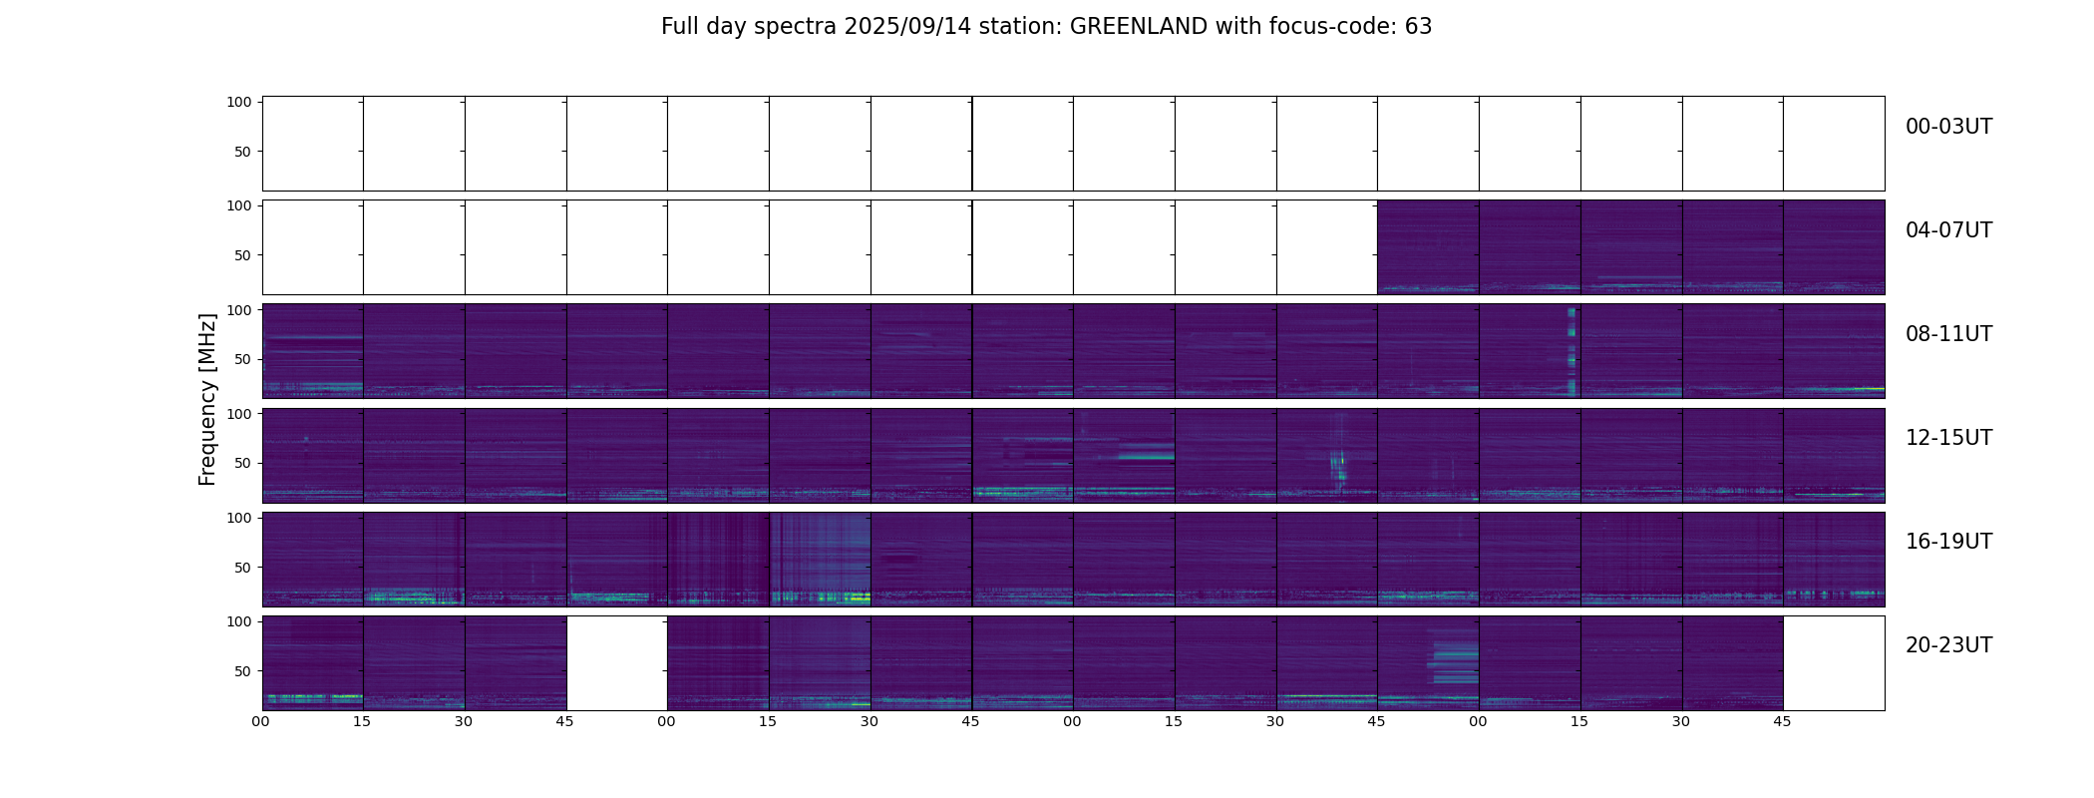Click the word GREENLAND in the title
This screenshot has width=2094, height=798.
1138,27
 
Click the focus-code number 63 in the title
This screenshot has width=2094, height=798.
1418,27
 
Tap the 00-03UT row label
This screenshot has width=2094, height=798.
1948,127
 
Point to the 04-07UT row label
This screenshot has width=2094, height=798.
1948,230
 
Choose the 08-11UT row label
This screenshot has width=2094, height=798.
1948,334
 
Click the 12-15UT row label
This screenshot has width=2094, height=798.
1948,438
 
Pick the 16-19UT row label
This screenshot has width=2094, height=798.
1948,542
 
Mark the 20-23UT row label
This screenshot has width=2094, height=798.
1948,645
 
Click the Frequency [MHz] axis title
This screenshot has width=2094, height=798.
207,399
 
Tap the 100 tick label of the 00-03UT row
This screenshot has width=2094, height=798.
238,102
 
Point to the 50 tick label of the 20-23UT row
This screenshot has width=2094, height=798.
242,671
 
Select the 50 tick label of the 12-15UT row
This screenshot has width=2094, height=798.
242,464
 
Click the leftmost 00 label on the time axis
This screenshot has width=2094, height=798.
261,721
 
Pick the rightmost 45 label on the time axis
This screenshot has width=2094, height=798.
1782,721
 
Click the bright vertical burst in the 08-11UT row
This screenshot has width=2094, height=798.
1571,351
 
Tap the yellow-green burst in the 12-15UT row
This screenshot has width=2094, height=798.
1338,467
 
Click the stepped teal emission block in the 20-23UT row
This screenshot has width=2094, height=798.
1454,658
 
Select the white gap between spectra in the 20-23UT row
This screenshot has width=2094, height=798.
616,663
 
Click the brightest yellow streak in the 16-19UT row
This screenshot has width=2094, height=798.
856,598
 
